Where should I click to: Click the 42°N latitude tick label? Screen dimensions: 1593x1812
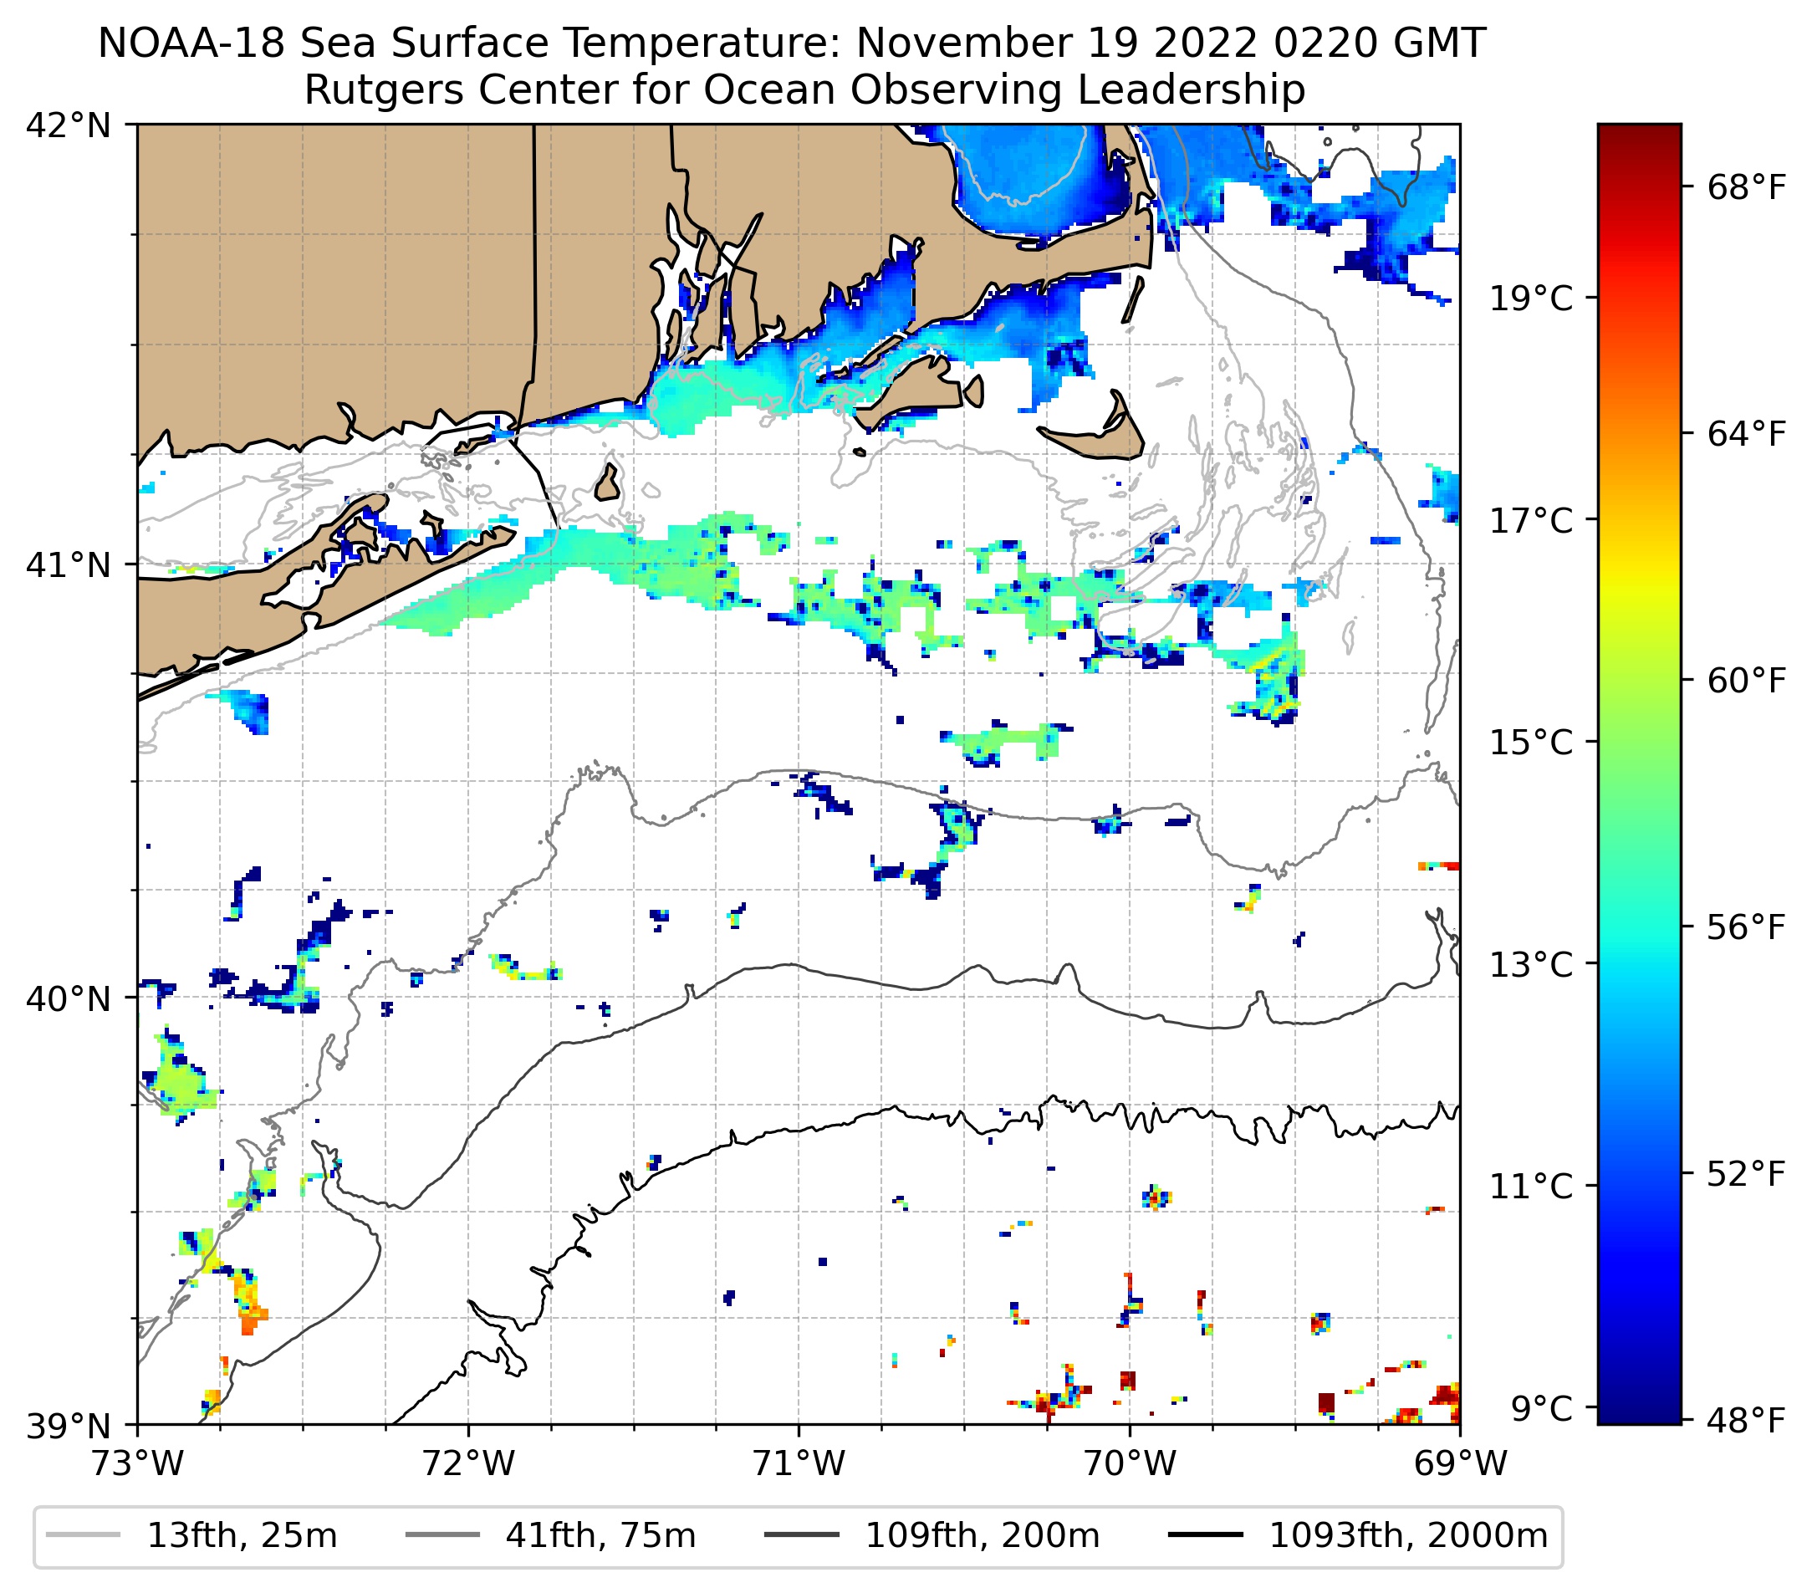(69, 126)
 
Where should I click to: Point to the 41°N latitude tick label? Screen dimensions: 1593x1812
(69, 564)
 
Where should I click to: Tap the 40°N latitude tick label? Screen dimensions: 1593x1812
(69, 998)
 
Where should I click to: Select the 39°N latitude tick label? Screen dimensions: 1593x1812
(69, 1427)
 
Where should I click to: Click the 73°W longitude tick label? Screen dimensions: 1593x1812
(137, 1463)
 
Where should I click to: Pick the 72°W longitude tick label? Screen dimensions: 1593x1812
(468, 1463)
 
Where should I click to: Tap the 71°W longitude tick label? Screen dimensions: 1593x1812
(799, 1463)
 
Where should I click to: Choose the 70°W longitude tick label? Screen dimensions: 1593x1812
(1131, 1463)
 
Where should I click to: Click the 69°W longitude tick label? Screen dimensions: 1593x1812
(1460, 1463)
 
